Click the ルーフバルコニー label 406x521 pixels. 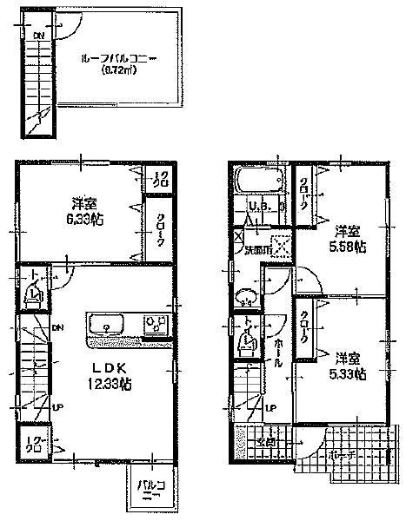(116, 59)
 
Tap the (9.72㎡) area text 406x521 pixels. (116, 70)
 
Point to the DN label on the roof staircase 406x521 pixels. (38, 36)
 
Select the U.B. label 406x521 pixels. (258, 206)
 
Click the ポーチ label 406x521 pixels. (343, 455)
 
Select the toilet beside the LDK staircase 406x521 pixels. (33, 294)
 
